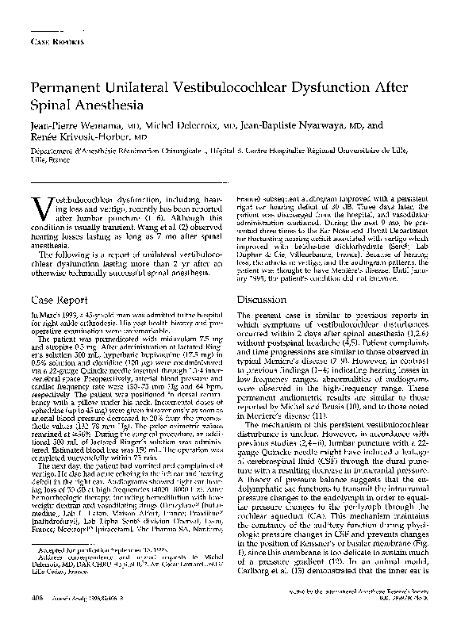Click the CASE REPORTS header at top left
[x=53, y=39]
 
